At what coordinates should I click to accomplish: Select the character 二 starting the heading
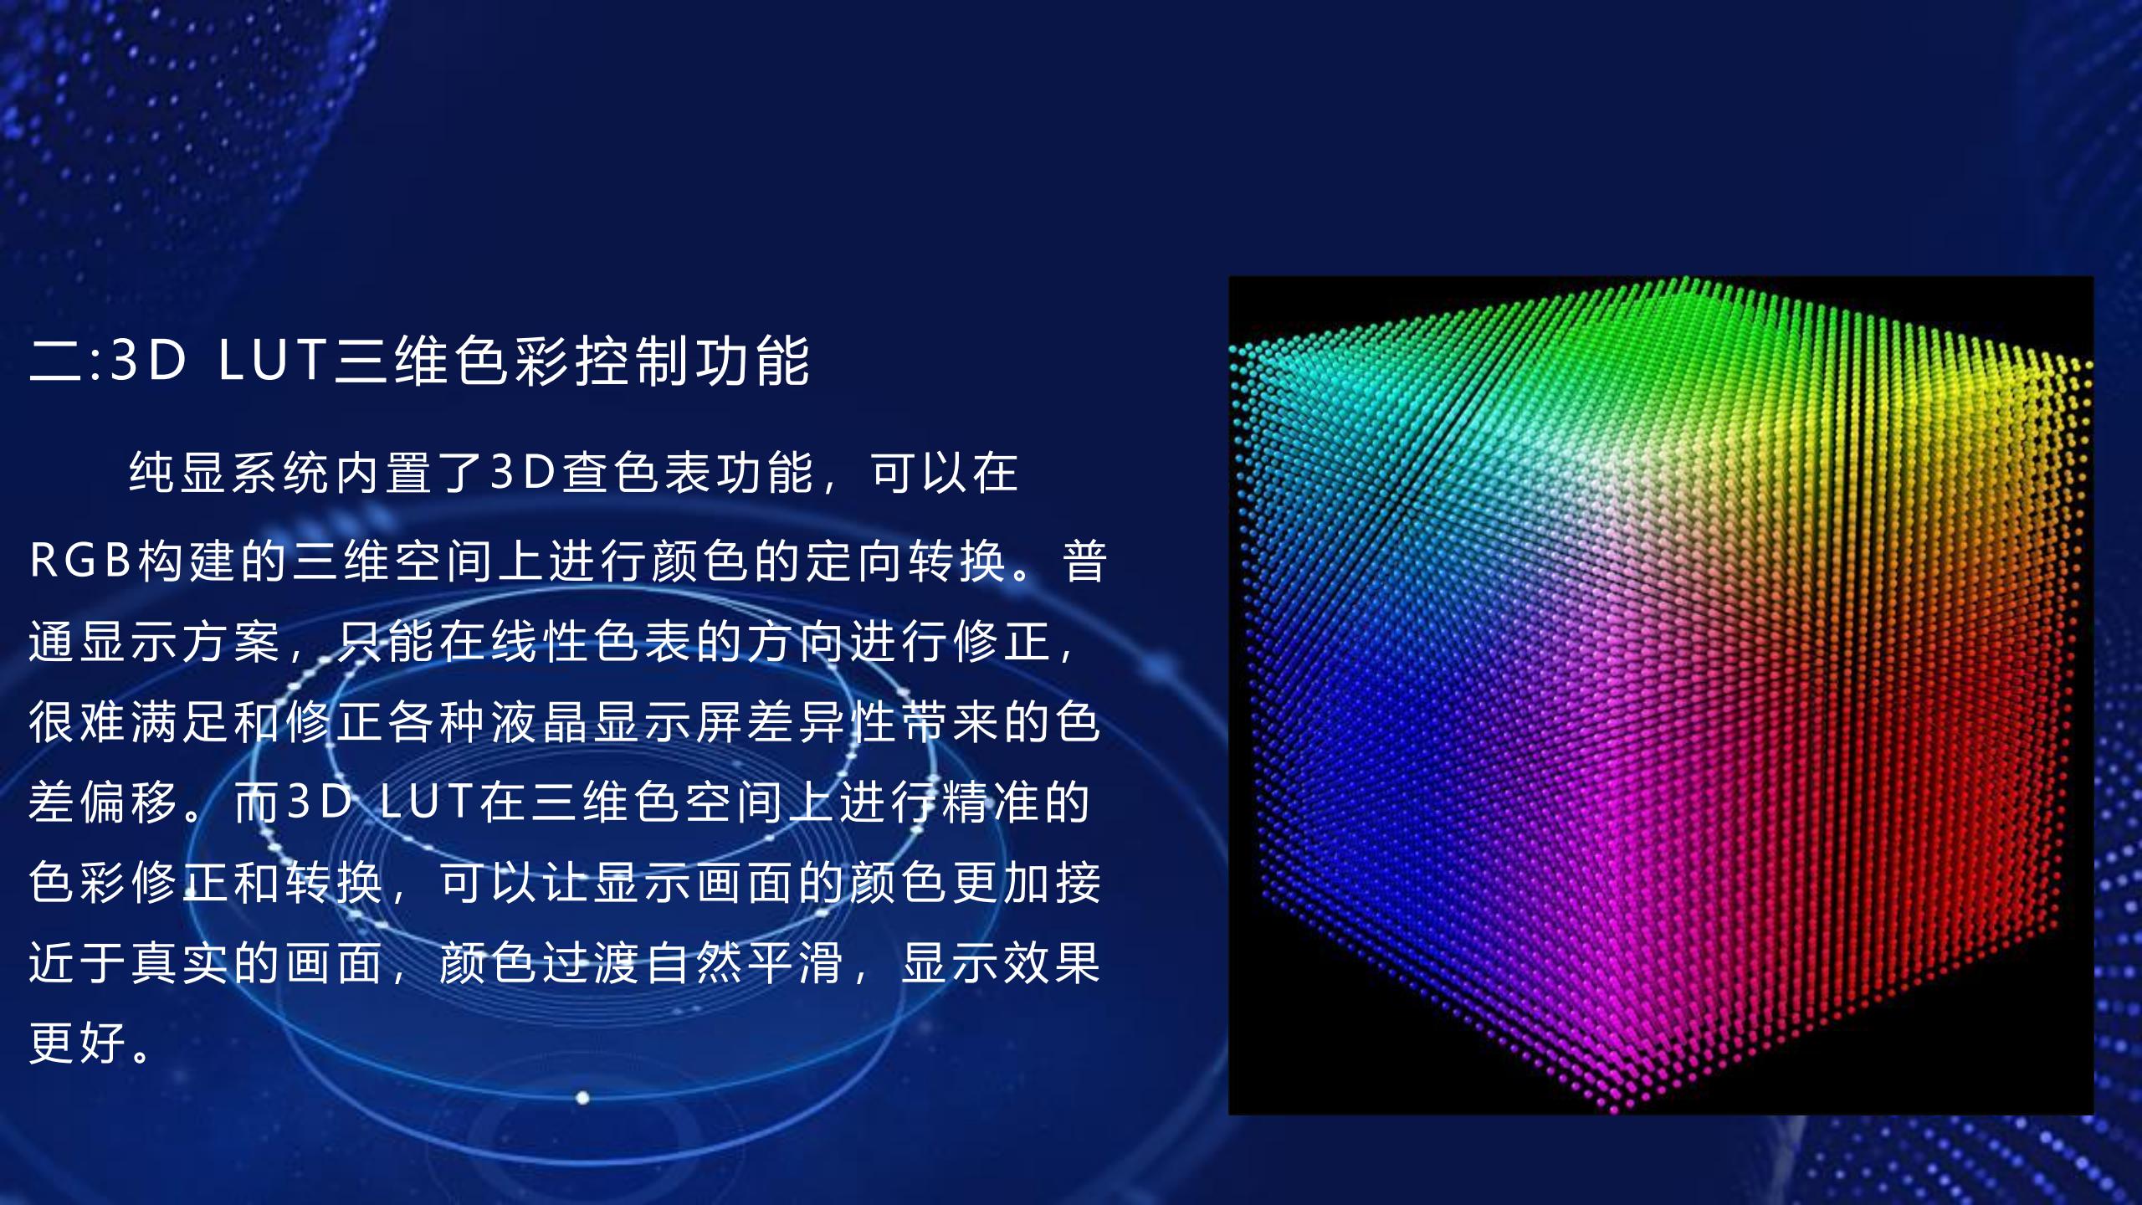[56, 361]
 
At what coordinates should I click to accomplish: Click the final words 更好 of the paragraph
[79, 1043]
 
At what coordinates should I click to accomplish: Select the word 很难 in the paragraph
[79, 721]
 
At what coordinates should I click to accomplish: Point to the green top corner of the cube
[1682, 281]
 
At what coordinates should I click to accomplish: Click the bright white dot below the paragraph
[583, 1097]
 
